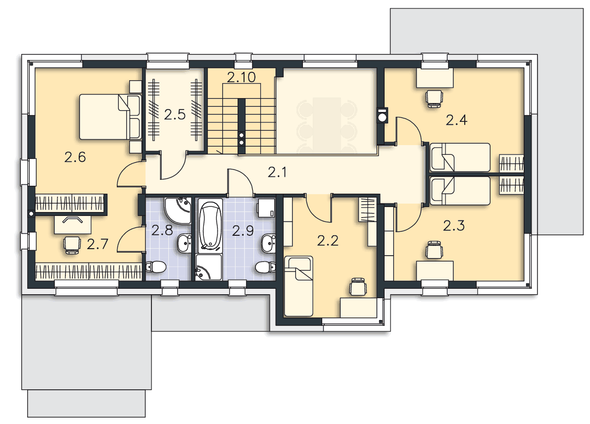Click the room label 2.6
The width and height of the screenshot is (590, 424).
point(75,157)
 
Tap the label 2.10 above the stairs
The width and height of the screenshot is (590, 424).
point(241,77)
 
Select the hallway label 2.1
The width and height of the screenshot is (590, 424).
point(277,172)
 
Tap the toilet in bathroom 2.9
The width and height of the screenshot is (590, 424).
point(265,267)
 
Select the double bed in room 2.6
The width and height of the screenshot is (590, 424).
point(110,117)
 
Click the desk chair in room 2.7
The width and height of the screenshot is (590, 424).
point(72,245)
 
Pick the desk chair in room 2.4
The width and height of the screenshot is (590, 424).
point(434,98)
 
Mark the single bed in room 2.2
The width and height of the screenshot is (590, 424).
point(299,286)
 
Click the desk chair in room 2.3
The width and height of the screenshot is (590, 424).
point(434,250)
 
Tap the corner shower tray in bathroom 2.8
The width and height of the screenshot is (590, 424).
point(177,210)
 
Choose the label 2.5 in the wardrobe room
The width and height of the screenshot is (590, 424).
point(175,114)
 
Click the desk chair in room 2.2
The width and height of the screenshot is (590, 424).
point(357,287)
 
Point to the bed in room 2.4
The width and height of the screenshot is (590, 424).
point(460,158)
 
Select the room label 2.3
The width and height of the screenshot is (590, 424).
point(454,225)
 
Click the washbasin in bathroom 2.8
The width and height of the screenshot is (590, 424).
point(184,243)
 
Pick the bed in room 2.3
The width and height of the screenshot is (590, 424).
point(460,191)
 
